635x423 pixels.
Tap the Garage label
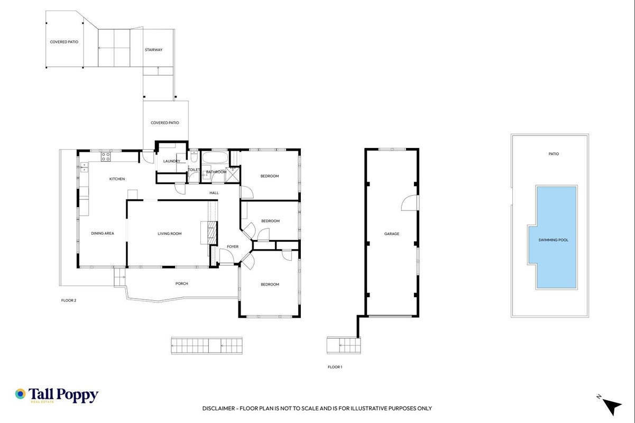click(391, 234)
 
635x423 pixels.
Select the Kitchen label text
click(117, 179)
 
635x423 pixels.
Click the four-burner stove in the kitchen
click(106, 157)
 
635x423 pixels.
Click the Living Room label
click(170, 234)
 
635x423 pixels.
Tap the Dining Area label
click(103, 233)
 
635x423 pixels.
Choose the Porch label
click(182, 283)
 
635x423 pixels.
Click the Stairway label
click(154, 50)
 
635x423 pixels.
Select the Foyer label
click(233, 246)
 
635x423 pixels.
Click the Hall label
click(214, 193)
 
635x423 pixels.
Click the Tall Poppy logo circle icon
click(21, 394)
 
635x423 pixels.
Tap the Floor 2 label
click(69, 300)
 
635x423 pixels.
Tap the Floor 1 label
click(335, 367)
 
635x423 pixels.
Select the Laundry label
click(171, 161)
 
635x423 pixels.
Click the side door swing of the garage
click(410, 203)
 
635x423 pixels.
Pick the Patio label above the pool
click(554, 154)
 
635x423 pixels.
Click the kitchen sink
click(84, 167)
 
